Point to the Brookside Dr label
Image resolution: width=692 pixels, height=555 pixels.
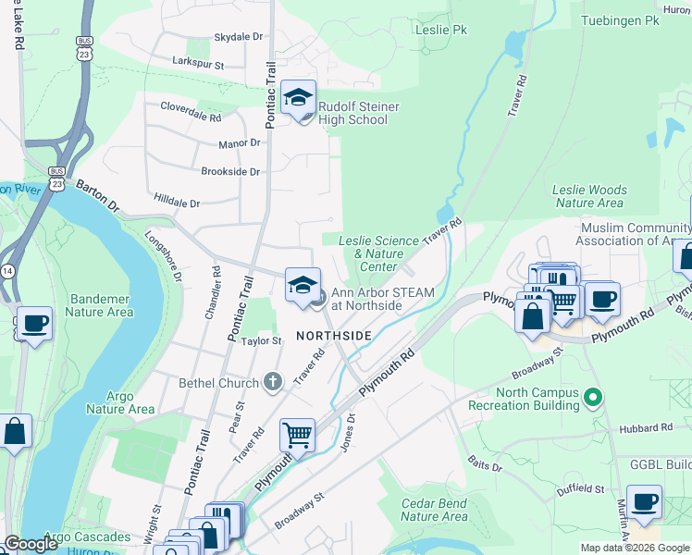231,172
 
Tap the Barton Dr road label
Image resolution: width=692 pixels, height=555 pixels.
98,195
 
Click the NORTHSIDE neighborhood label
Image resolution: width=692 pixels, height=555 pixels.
334,335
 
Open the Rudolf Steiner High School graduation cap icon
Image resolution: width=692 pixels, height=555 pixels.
299,98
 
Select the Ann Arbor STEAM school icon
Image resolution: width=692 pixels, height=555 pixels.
303,286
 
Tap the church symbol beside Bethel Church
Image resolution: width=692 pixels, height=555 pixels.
272,381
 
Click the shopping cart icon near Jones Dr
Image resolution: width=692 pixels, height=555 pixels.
297,434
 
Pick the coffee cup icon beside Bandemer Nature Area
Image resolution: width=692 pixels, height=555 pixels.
35,325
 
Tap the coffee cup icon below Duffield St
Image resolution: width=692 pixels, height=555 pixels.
644,502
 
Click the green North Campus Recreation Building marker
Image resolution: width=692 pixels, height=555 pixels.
593,399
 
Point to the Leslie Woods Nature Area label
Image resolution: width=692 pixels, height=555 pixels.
589,196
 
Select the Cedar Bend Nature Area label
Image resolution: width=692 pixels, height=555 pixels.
434,510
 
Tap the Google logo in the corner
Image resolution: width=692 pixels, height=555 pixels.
31,544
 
